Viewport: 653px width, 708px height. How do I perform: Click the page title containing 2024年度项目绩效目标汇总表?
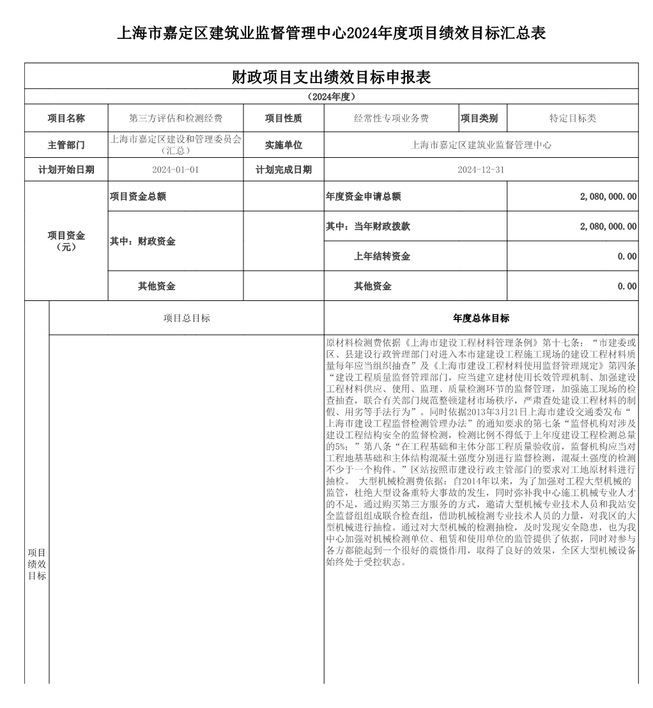coord(331,33)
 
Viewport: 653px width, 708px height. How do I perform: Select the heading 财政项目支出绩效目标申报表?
coord(331,77)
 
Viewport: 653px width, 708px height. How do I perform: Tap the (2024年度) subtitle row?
coord(331,97)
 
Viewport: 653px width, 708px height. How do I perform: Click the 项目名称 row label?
coord(66,118)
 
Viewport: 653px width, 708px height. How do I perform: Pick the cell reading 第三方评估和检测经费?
coord(176,118)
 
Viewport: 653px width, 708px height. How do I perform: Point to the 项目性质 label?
coord(284,118)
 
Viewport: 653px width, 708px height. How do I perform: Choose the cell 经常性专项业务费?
coord(392,118)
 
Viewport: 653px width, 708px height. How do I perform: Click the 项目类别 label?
coord(479,118)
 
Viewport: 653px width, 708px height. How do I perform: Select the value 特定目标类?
coord(572,118)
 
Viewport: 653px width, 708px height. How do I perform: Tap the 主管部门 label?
coord(66,145)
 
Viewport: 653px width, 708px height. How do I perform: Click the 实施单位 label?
coord(284,145)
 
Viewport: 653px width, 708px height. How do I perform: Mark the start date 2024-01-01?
coord(176,170)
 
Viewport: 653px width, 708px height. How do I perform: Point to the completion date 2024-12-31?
coord(481,170)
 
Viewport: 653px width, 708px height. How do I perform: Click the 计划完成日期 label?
coord(284,170)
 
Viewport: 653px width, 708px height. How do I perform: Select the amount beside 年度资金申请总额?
coord(608,197)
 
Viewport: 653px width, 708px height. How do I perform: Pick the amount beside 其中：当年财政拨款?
coord(608,226)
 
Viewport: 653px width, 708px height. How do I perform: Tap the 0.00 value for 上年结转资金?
coord(627,256)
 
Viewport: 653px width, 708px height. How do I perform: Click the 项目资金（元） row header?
coord(66,241)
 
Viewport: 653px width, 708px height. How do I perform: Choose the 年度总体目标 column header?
coord(481,318)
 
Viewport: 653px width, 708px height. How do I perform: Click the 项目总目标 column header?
coord(187,318)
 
